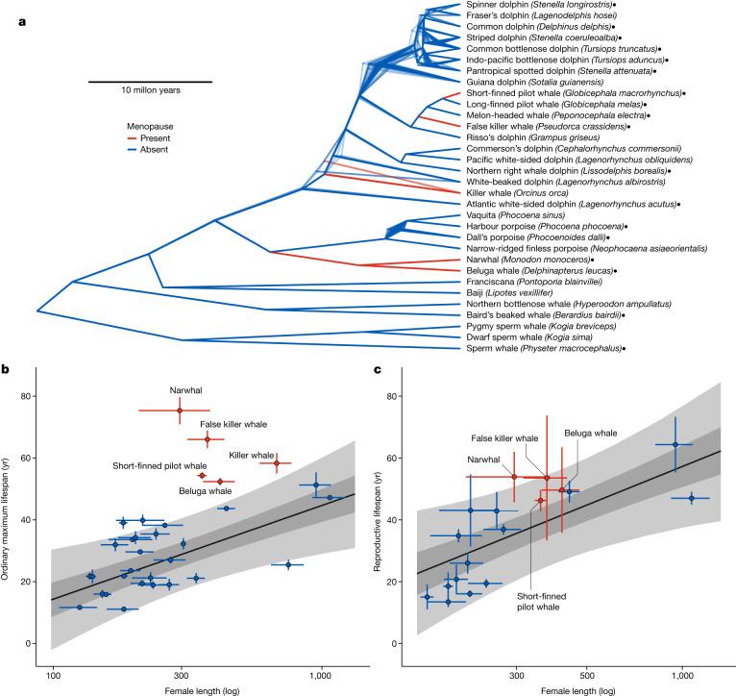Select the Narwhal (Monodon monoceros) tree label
[523, 260]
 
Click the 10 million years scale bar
[151, 81]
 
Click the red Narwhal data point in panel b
[179, 410]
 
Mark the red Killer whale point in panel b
[277, 463]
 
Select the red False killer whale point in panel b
[207, 438]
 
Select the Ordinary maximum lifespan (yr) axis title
[12, 519]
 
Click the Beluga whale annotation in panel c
[591, 434]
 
